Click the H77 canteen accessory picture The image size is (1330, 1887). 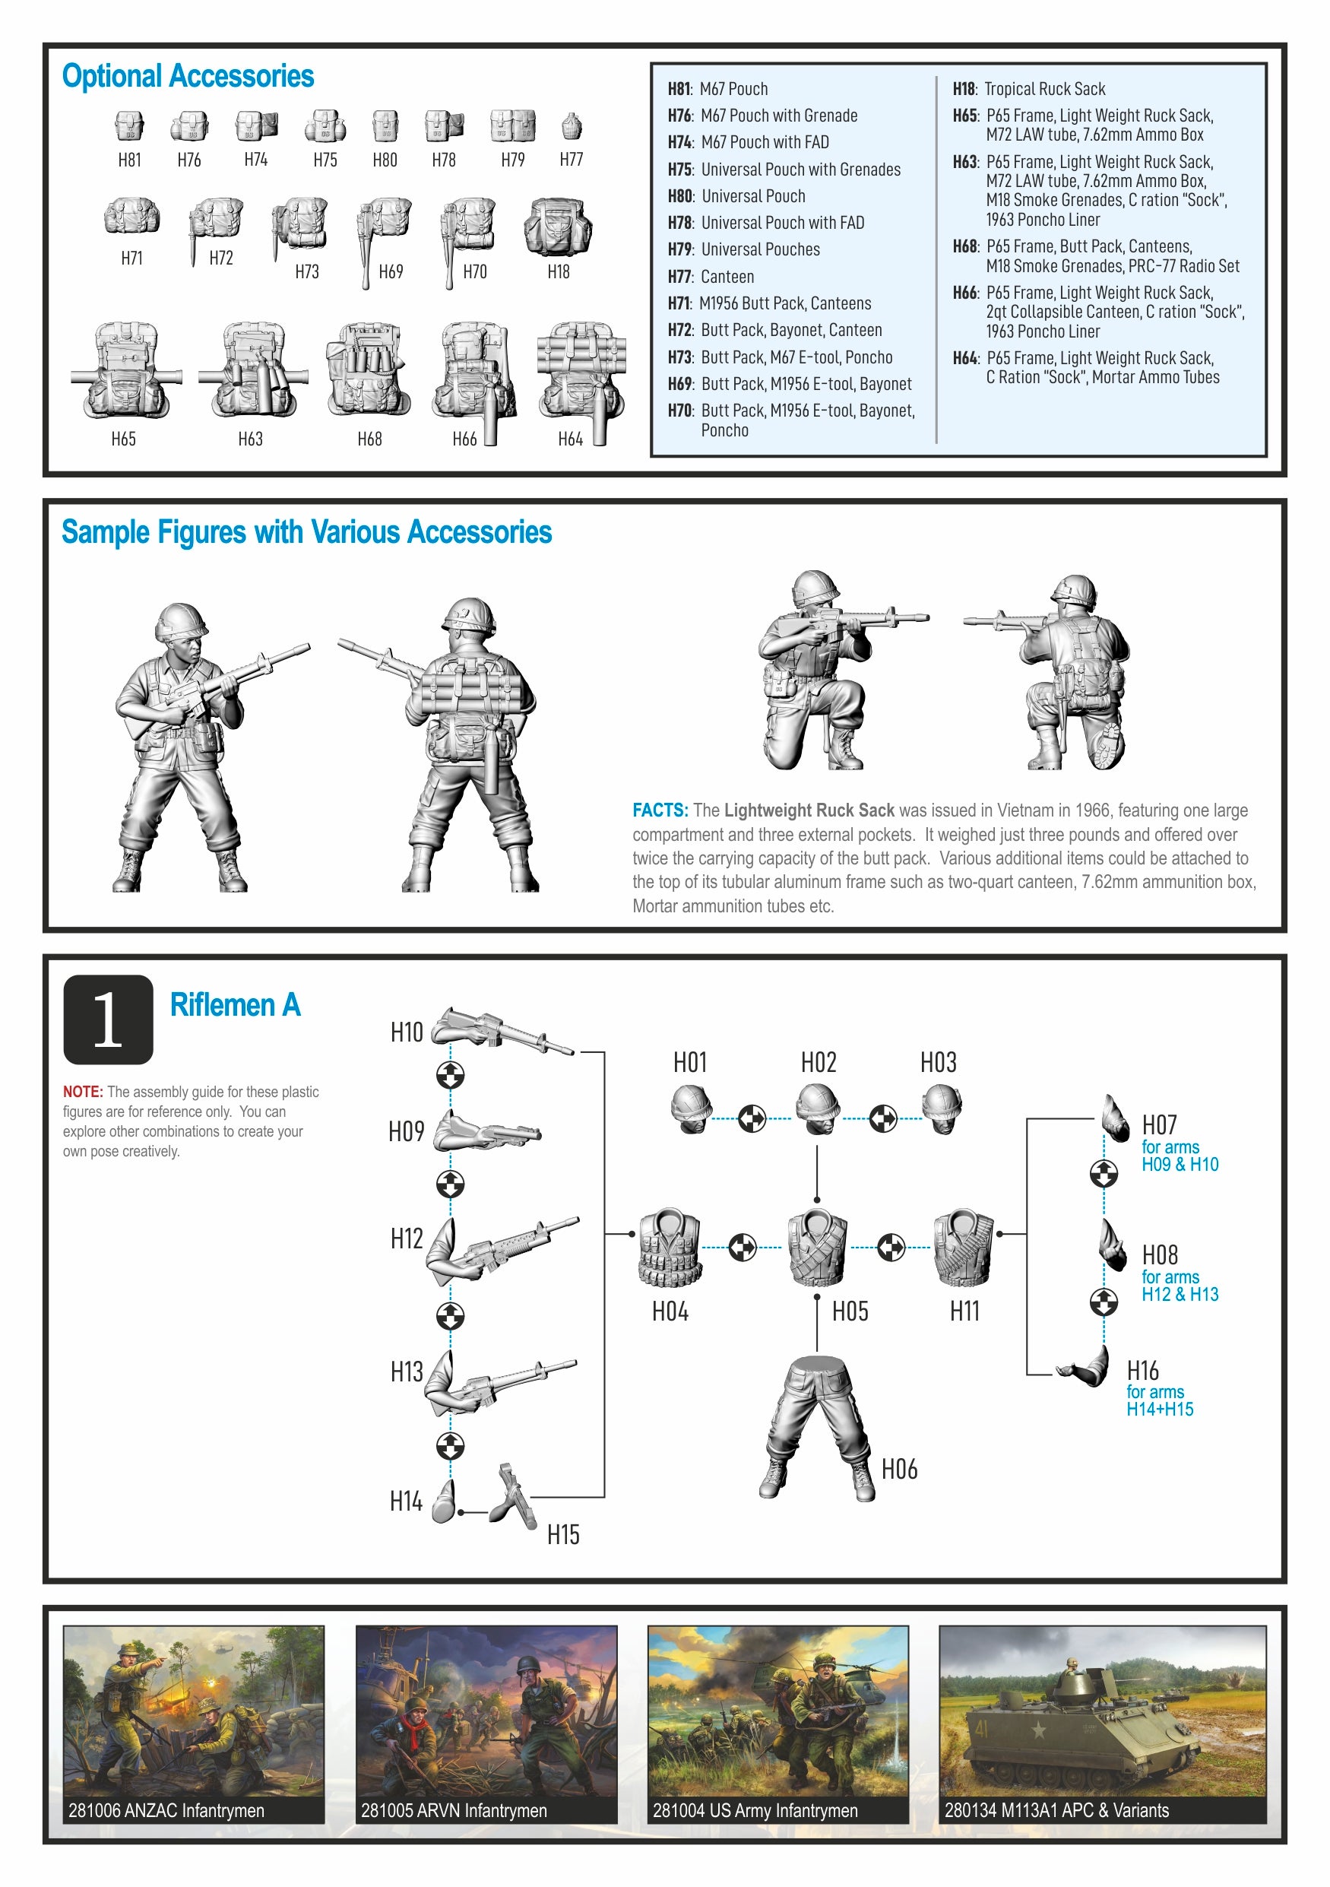click(571, 125)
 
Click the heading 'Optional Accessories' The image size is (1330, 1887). click(188, 77)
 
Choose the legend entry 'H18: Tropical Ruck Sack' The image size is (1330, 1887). click(1028, 89)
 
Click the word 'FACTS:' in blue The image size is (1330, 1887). click(660, 810)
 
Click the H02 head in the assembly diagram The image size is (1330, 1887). click(819, 1107)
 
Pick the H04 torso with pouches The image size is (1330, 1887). click(670, 1247)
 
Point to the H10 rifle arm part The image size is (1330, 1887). click(501, 1030)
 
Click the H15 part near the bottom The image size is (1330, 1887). click(515, 1495)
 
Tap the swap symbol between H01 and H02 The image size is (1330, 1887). click(752, 1118)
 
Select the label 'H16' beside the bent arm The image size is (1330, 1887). click(1143, 1370)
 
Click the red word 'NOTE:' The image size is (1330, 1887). click(83, 1092)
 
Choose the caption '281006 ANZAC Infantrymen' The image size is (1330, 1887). click(166, 1810)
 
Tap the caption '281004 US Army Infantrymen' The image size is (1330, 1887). click(755, 1810)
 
